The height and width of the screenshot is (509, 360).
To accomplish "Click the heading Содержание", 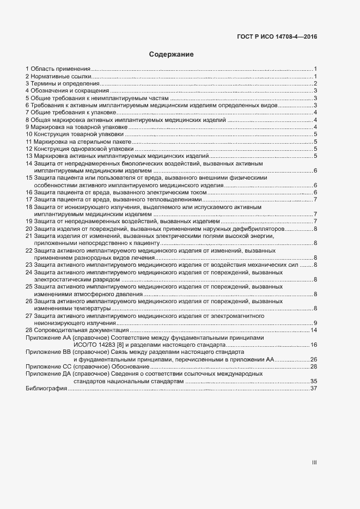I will (x=171, y=54).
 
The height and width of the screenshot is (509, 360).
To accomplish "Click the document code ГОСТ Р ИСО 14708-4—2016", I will (x=277, y=37).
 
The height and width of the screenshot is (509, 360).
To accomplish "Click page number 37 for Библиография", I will (x=313, y=389).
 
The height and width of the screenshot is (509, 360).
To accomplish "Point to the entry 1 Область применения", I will (x=58, y=69).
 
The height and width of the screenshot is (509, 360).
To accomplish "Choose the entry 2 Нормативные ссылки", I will (x=58, y=76).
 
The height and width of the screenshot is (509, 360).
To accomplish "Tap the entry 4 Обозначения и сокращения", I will (x=65, y=91).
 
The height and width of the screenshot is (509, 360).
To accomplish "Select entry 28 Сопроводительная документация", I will (x=77, y=330).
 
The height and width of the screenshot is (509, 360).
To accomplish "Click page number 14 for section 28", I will (x=313, y=330).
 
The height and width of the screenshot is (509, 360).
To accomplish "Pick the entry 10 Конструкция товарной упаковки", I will (x=75, y=133).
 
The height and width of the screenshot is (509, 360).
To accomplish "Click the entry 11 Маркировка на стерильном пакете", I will (x=80, y=141).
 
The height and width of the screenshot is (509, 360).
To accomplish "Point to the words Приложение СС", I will (x=49, y=367).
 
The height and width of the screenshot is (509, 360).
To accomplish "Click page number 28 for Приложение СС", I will (x=313, y=367).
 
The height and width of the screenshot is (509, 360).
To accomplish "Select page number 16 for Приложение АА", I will (x=313, y=345).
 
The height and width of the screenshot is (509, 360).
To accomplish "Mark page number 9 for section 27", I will (x=315, y=323).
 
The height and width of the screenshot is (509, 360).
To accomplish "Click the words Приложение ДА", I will (x=49, y=374).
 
